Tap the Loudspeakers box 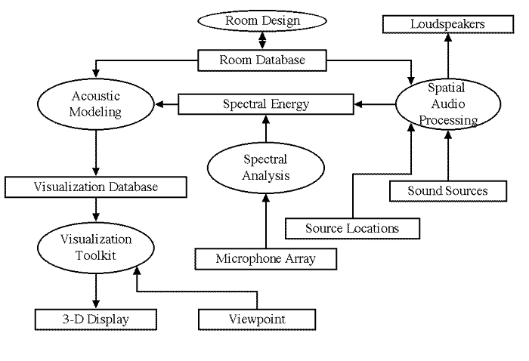(447, 24)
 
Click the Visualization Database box (96, 187)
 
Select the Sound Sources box (447, 190)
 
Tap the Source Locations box (352, 227)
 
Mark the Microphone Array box (265, 258)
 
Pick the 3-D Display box (95, 319)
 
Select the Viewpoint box (256, 319)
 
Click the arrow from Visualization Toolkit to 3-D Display (96, 291)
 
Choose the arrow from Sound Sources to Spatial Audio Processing (447, 155)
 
